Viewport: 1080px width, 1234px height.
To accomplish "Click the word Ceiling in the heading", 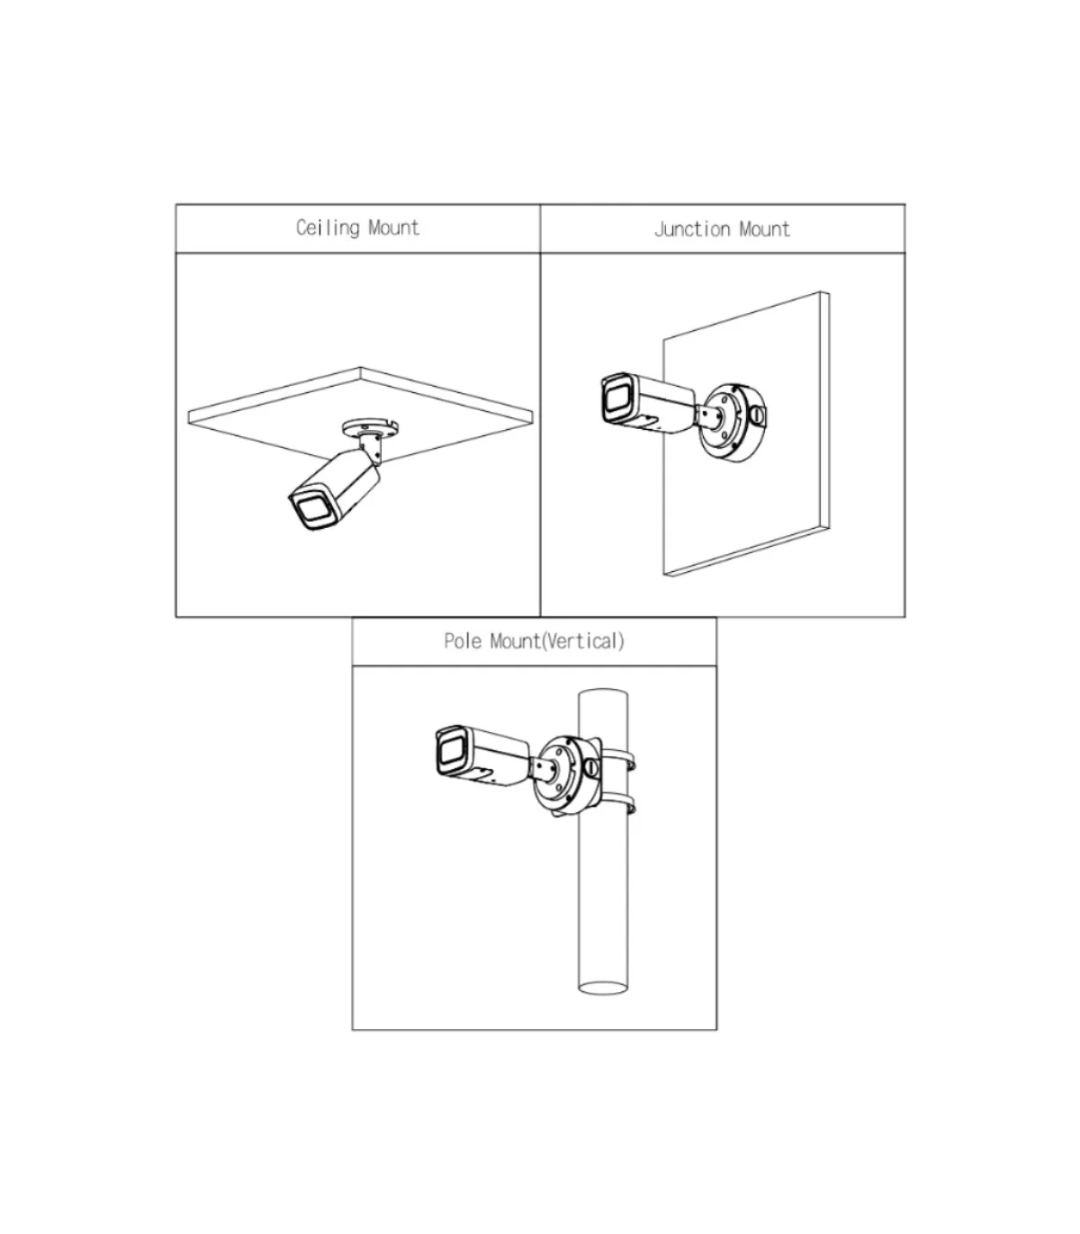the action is pyautogui.click(x=328, y=228).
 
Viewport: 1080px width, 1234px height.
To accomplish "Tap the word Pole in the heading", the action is pyautogui.click(x=463, y=640).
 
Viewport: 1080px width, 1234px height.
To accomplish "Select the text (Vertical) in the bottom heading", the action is pyautogui.click(x=583, y=640).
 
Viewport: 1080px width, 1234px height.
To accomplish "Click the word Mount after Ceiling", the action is pyautogui.click(x=393, y=228).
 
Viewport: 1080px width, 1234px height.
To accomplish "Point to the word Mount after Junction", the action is pyautogui.click(x=764, y=229).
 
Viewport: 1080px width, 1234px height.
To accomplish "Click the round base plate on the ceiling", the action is pyautogui.click(x=372, y=427).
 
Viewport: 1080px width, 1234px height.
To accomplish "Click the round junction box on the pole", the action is pyautogui.click(x=566, y=775).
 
